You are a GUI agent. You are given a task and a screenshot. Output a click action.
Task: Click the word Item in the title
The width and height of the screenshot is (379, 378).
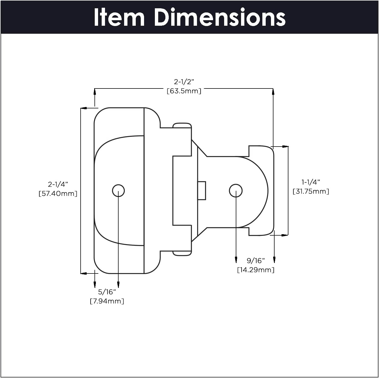119,17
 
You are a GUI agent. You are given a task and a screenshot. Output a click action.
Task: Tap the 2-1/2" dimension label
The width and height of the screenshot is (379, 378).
184,82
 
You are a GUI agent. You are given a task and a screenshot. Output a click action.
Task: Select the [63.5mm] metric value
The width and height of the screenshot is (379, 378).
184,91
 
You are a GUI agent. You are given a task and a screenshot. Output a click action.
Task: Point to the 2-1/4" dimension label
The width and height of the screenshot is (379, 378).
58,184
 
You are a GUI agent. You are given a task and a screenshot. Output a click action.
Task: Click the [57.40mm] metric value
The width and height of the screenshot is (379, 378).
58,194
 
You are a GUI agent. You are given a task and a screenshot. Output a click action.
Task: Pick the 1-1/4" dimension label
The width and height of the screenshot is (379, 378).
311,182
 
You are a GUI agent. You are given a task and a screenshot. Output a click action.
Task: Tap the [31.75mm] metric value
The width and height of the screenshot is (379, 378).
311,191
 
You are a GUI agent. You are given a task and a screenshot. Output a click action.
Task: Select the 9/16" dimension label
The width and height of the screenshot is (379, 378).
256,260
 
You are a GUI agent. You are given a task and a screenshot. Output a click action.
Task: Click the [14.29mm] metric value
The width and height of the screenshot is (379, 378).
256,270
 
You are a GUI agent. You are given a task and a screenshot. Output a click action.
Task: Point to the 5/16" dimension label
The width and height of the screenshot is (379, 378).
107,292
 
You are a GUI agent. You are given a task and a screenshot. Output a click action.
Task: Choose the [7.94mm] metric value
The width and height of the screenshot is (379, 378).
107,301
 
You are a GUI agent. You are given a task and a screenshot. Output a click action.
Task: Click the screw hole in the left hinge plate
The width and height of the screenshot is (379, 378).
118,191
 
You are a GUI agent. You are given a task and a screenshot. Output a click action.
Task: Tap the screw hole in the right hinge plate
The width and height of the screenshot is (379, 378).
236,191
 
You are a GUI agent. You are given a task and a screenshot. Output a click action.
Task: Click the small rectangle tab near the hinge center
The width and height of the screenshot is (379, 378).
202,191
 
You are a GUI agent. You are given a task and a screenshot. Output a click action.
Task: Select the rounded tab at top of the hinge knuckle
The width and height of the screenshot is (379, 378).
182,125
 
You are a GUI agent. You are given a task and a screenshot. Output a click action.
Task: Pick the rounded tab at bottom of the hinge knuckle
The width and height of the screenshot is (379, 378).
182,253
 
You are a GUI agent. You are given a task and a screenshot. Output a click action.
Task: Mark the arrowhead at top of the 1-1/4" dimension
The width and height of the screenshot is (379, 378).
285,147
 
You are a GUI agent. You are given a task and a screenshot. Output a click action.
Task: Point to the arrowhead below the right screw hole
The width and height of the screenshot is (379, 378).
236,260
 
